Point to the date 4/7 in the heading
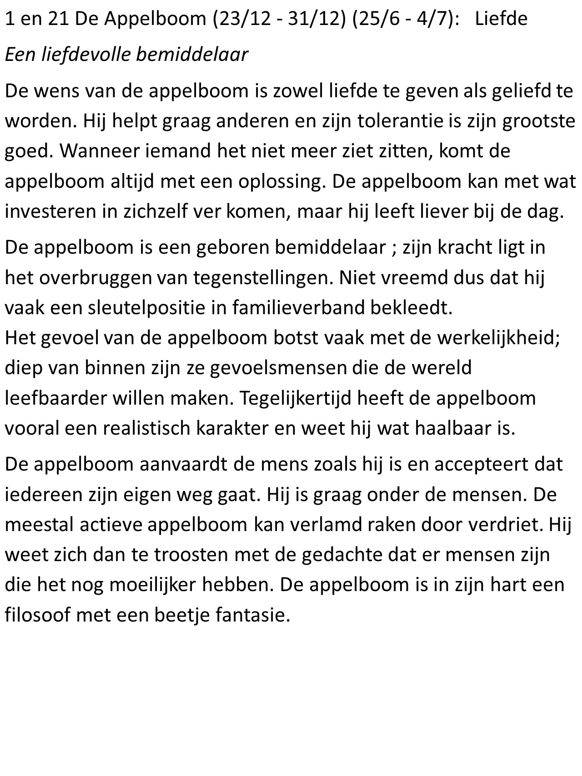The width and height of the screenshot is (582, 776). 437,19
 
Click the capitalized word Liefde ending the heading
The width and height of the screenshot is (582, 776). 501,19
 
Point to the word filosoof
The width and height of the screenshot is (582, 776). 37,615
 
